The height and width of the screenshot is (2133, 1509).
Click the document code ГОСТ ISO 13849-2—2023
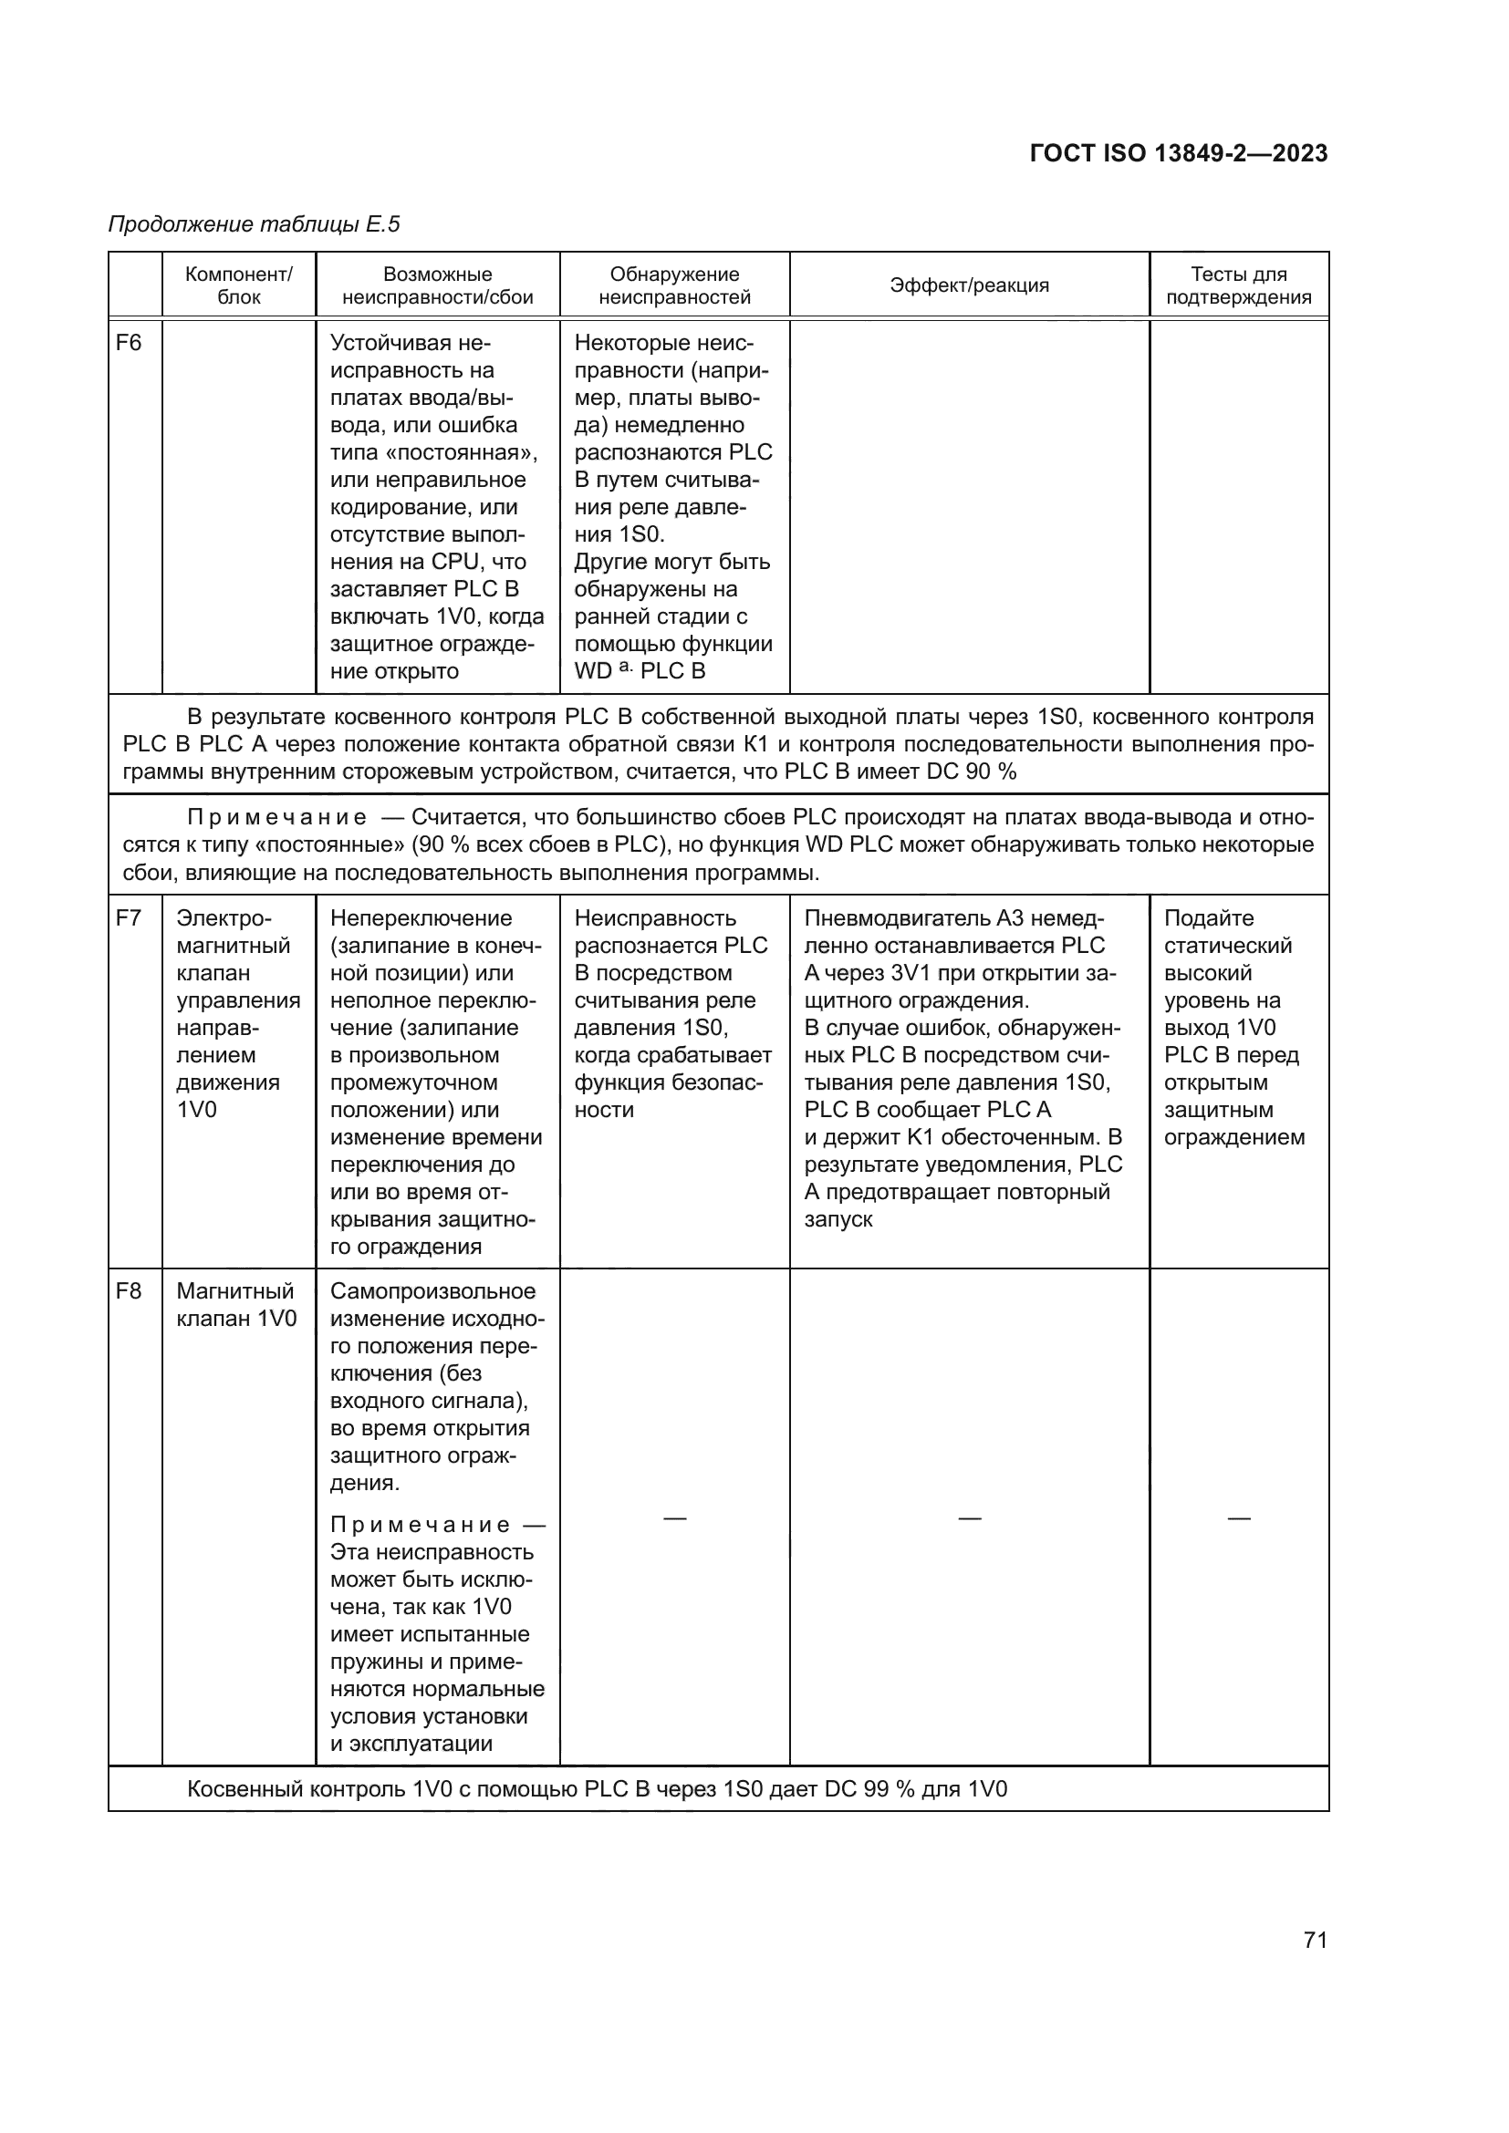point(1178,153)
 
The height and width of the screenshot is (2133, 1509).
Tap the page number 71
point(1315,1940)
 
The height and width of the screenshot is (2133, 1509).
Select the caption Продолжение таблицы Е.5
point(254,224)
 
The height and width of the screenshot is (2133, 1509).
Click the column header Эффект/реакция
point(969,285)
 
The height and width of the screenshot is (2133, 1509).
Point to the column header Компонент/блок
point(239,285)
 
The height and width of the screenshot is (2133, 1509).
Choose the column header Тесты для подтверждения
point(1239,285)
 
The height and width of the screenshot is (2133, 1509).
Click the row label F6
point(129,343)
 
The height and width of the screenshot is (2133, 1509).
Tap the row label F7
point(129,918)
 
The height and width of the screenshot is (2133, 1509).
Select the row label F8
point(129,1290)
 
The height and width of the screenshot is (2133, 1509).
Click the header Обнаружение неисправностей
point(674,285)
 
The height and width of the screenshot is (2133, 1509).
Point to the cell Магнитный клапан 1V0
point(236,1304)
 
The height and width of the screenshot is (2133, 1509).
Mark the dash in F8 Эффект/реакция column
point(969,1518)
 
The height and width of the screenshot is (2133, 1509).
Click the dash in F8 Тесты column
point(1239,1518)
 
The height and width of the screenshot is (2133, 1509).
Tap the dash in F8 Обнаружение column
point(674,1518)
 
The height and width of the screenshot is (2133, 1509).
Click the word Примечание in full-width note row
point(277,817)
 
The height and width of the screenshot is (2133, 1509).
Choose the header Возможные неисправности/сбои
point(438,285)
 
